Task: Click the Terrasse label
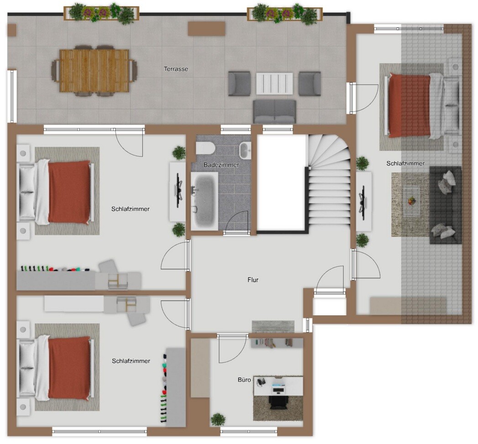(176, 69)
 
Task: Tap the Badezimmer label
(221, 165)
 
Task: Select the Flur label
(253, 280)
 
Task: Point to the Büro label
(244, 380)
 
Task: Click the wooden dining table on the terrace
(94, 70)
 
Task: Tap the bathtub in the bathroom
(204, 201)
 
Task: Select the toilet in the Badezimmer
(205, 148)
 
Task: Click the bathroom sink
(245, 150)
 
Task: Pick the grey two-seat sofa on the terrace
(275, 111)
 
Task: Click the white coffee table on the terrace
(274, 84)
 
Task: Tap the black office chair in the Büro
(278, 402)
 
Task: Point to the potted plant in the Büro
(218, 420)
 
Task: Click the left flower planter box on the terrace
(101, 13)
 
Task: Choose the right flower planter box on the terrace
(284, 13)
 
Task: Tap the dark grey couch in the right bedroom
(446, 205)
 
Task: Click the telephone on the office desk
(261, 382)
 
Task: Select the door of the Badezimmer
(236, 222)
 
